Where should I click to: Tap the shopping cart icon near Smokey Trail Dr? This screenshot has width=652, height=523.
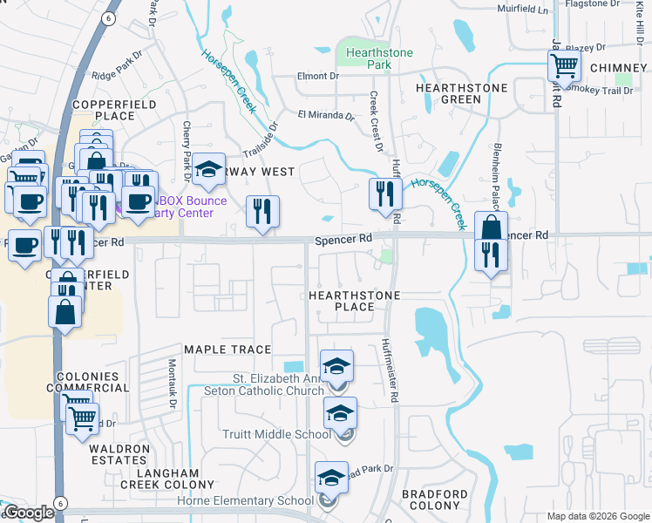[564, 65]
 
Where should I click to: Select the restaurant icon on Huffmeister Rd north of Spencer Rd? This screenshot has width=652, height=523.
[384, 194]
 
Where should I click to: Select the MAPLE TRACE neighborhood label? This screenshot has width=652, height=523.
[228, 350]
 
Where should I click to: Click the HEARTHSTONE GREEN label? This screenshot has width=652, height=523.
[449, 94]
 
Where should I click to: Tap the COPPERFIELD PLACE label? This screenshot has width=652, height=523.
[98, 110]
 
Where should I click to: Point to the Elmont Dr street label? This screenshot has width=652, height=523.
[316, 76]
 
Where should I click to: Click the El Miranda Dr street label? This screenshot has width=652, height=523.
[325, 114]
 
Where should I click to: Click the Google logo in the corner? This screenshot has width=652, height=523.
[28, 512]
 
